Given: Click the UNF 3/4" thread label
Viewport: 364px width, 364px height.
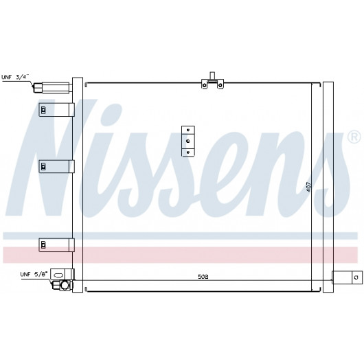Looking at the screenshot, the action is [15, 77].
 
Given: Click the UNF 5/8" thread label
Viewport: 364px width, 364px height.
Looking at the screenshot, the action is [34, 274].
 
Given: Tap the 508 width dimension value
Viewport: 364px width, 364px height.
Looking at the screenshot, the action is [203, 277].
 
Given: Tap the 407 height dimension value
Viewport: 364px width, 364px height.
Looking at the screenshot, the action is [308, 187].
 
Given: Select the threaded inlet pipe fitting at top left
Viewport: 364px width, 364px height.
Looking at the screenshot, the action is [53, 88].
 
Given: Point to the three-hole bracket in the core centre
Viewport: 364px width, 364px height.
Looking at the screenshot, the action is [188, 141].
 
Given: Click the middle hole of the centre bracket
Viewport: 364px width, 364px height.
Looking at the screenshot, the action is [188, 141].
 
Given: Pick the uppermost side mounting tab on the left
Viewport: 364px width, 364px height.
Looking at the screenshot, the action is [56, 110].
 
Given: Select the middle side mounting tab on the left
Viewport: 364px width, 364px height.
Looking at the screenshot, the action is [56, 166].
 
